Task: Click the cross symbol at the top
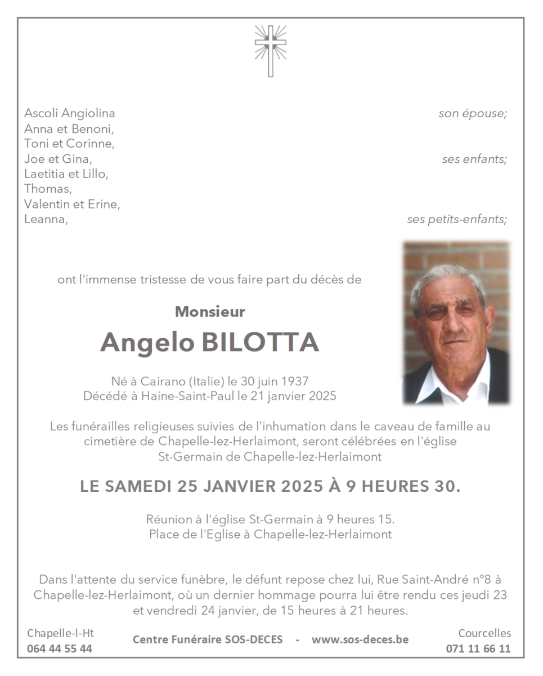tap(270, 50)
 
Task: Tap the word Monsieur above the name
tap(210, 311)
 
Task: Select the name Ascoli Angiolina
tap(70, 113)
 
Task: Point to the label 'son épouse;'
tap(473, 113)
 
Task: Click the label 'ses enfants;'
tap(474, 159)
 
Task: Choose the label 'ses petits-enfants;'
tap(457, 219)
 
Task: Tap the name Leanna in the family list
tap(45, 219)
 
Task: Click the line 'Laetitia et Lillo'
tap(65, 174)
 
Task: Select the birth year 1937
tap(294, 381)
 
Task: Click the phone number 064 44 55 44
tap(60, 648)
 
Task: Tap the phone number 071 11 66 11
tap(478, 648)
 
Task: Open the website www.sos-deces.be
tap(360, 639)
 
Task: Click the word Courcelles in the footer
tap(484, 633)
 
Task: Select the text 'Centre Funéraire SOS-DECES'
tap(208, 639)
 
